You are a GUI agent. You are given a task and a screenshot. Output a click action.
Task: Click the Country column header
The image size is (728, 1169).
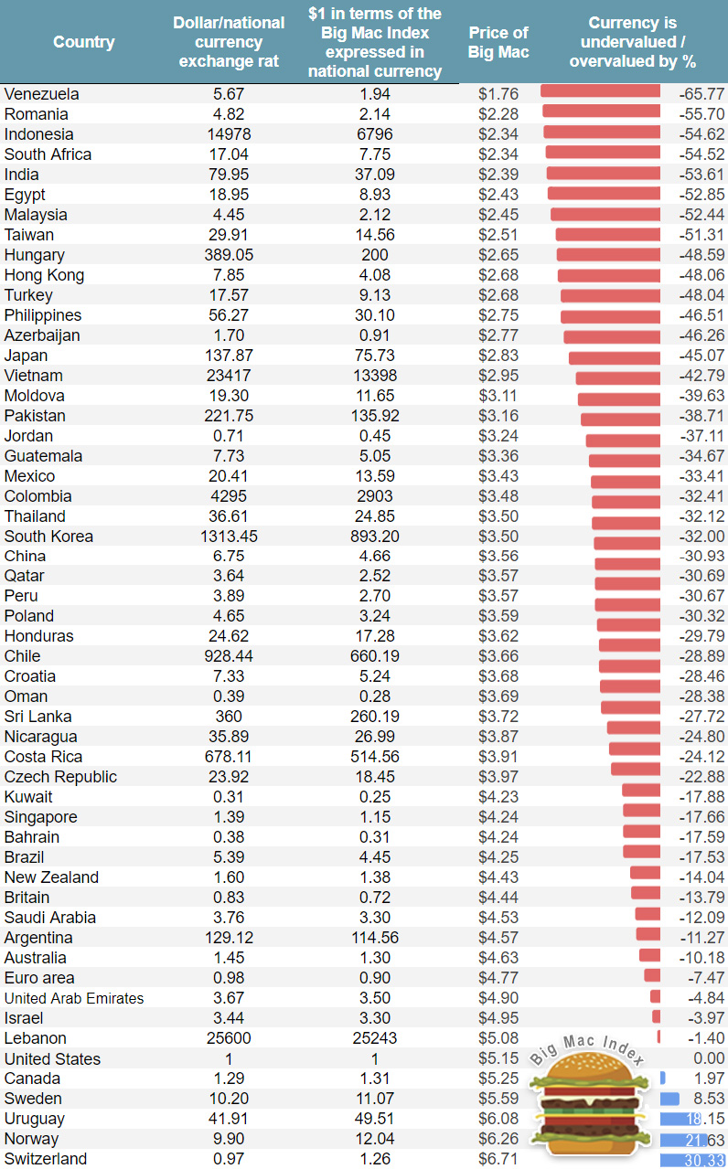coord(84,42)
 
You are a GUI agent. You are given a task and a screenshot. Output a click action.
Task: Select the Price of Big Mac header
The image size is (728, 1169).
coord(498,42)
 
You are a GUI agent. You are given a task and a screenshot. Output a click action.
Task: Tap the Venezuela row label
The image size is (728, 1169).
coord(42,94)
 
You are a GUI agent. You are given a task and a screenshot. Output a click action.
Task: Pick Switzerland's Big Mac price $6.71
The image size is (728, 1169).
coord(498,1159)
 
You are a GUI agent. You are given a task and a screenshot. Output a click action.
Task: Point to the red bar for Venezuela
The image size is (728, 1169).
coord(600,91)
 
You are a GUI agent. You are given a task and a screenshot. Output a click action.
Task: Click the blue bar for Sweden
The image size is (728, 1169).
coord(669,1099)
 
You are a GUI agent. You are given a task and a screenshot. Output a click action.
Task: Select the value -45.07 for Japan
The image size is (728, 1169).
coord(701,356)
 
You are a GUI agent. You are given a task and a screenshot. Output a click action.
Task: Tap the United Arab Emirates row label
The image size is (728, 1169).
coord(74,998)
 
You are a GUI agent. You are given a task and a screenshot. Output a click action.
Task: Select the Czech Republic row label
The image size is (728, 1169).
coord(60,777)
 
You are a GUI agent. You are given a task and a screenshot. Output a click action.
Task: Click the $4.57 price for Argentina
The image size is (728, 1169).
coord(498,938)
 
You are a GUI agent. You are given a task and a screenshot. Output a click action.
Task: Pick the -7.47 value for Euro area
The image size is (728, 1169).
coord(705,978)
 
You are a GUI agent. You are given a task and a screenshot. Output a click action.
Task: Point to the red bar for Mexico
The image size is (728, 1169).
coord(626,482)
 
